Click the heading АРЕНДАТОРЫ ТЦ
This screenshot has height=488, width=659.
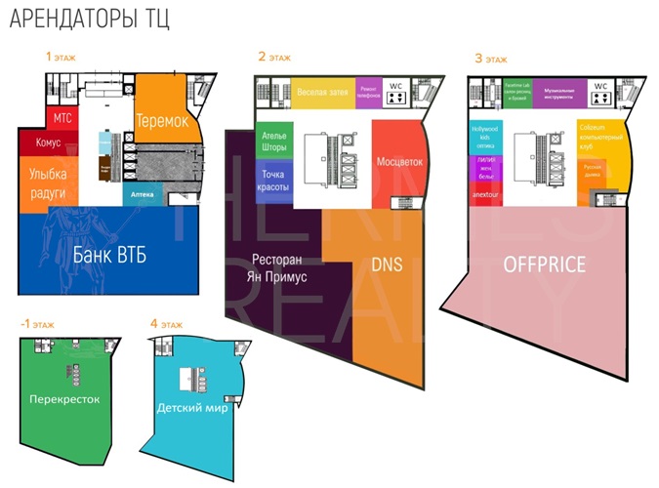coord(90,20)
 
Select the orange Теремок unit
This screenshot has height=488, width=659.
coord(162,121)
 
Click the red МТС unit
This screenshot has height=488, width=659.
coord(62,118)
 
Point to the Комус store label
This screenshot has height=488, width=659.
coord(49,143)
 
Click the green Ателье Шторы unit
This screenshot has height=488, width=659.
coord(271,142)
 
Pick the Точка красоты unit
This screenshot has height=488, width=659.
coord(270,182)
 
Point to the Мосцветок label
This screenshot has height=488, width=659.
coord(398,161)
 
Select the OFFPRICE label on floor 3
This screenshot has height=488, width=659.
coord(544,264)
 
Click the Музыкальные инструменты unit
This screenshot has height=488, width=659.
coord(565,92)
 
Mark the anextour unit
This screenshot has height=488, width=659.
coord(484,193)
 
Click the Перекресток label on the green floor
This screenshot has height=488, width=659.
coord(64,399)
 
